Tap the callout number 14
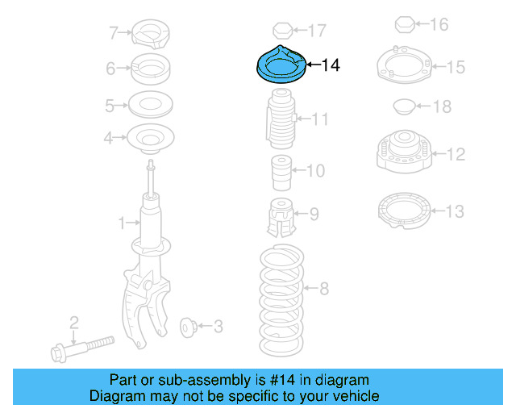(331, 65)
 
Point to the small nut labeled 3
(189, 327)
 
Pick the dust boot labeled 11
(279, 121)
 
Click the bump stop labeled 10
(279, 171)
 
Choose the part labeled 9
(279, 215)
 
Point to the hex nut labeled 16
(405, 25)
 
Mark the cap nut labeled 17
(282, 31)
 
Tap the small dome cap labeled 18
(401, 106)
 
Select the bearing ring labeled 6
(150, 69)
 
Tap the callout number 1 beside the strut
(123, 221)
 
